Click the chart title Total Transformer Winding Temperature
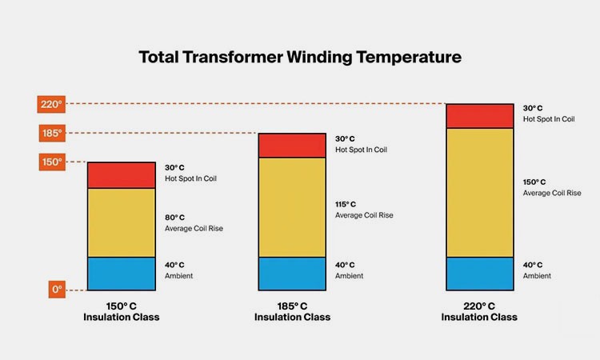(300, 58)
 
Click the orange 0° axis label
(55, 290)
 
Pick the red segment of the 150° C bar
(121, 175)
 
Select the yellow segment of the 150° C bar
(121, 222)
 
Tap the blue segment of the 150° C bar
(121, 274)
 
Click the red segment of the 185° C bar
(292, 146)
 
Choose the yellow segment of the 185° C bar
(292, 207)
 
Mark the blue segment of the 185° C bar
(292, 274)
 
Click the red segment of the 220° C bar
(479, 116)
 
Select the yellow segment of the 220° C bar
(479, 192)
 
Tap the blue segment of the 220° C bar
(479, 274)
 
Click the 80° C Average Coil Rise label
(194, 222)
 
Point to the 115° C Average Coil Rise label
(364, 210)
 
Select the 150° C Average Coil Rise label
(552, 187)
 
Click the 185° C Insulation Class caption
(292, 312)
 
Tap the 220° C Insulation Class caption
(479, 312)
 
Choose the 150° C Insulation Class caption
(121, 312)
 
